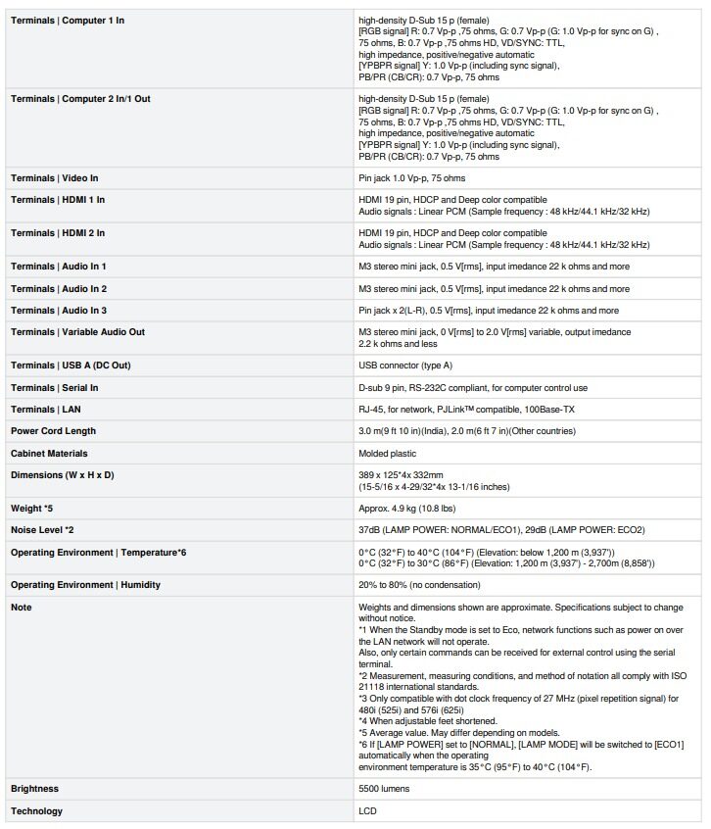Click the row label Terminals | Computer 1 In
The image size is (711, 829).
click(68, 20)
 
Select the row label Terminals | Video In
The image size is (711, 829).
click(54, 178)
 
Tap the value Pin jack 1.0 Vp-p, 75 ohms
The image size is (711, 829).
click(411, 178)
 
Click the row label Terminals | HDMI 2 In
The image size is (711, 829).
click(58, 233)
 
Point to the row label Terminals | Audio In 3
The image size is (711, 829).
click(59, 311)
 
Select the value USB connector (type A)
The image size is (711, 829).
click(405, 366)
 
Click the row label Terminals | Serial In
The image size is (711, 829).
click(54, 388)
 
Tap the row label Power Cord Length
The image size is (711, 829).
click(53, 431)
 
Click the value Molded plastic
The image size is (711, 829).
click(387, 454)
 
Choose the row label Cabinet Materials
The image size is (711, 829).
click(49, 454)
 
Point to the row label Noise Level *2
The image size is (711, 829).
click(43, 530)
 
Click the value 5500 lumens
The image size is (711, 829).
click(384, 789)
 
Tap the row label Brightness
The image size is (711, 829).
click(34, 789)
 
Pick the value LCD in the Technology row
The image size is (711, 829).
click(367, 811)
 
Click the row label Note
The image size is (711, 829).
click(22, 608)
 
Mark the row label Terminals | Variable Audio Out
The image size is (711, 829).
click(77, 332)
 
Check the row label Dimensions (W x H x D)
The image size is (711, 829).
click(62, 475)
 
